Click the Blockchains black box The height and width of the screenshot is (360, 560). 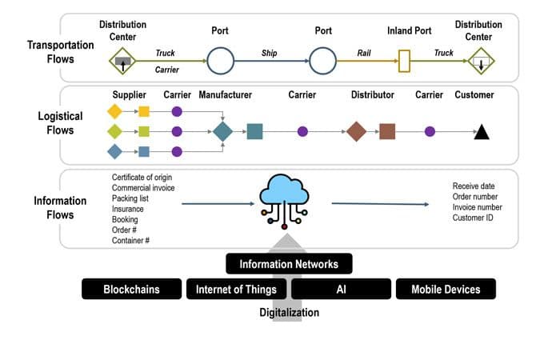coord(131,289)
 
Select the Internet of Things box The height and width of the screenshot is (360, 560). coord(236,289)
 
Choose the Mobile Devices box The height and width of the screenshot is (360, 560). coord(446,289)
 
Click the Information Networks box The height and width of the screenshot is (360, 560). coord(289,264)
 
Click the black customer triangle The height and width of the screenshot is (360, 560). coord(481,132)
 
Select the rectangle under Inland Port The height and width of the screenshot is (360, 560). coord(404,60)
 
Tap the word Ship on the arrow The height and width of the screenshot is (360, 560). coord(270,53)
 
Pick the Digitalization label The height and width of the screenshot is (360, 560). coord(289,313)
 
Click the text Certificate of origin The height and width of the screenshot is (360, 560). coord(142,178)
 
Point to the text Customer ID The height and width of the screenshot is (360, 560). coord(472,217)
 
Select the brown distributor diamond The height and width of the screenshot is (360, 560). coord(356,131)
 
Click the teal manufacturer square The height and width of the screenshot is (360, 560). coord(254,131)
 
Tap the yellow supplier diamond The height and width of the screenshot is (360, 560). coord(114,111)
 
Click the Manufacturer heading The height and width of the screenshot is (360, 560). coord(226,95)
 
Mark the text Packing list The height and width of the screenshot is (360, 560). coord(130,198)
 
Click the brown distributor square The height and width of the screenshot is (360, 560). coord(387,131)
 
